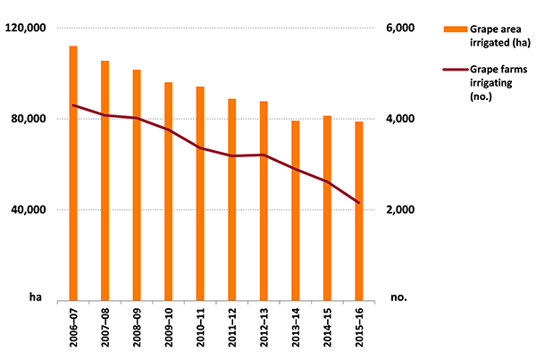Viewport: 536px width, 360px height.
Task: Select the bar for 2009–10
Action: (168, 191)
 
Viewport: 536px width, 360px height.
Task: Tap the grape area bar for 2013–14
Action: (296, 210)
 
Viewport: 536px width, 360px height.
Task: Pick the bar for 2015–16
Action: (359, 211)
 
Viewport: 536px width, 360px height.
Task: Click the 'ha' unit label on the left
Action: (35, 297)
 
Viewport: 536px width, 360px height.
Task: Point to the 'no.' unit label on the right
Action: (398, 297)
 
